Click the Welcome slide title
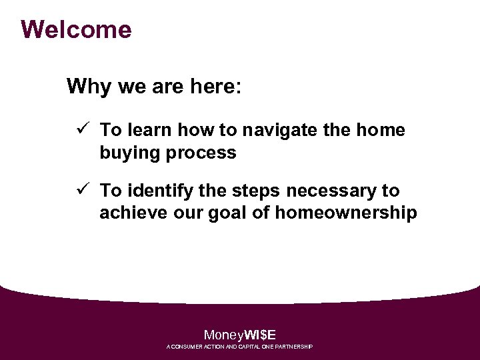pyautogui.click(x=76, y=30)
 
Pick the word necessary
pyautogui.click(x=333, y=191)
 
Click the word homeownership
pyautogui.click(x=346, y=213)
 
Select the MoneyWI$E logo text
pyautogui.click(x=239, y=335)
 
